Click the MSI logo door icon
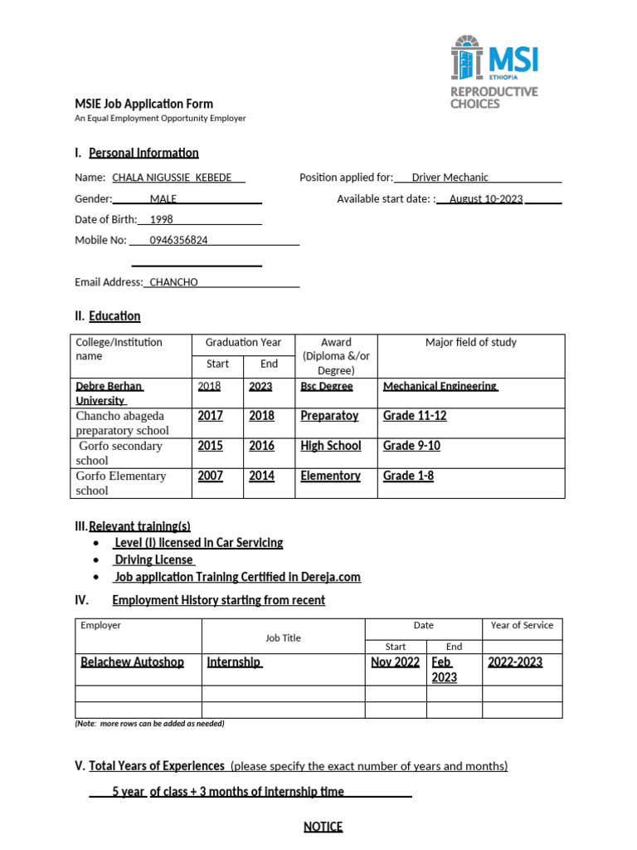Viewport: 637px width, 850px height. [467, 60]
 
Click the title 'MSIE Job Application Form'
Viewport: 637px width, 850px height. [144, 104]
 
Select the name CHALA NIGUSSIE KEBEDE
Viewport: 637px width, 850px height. [172, 178]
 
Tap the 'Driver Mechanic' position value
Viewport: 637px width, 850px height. [450, 178]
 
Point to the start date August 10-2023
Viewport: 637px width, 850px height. [486, 199]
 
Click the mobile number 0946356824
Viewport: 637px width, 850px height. [178, 240]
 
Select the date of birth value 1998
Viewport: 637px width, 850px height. [161, 220]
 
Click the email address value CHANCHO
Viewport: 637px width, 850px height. [173, 282]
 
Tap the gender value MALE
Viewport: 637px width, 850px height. [163, 199]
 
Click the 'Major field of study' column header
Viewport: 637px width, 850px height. [470, 343]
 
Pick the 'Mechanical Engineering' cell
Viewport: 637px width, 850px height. [440, 386]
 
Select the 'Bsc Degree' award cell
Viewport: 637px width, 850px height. [326, 386]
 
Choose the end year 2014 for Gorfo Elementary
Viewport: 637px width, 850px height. [261, 476]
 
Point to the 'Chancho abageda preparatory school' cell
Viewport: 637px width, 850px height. [122, 423]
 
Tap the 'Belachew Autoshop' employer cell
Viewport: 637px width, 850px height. [132, 662]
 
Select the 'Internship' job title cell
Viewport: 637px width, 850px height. [234, 662]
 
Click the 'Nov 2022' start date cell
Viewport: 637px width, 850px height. [395, 662]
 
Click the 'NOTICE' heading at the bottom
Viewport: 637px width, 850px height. [323, 827]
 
